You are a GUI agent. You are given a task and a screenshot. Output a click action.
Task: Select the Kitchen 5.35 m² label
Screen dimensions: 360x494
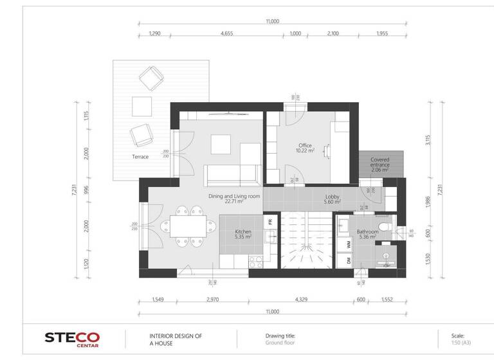click(x=242, y=234)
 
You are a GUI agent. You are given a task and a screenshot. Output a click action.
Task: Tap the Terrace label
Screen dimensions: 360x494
click(x=140, y=157)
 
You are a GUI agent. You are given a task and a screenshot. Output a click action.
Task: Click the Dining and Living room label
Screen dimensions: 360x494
click(x=233, y=198)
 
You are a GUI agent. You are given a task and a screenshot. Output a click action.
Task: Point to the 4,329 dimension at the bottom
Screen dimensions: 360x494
click(x=302, y=300)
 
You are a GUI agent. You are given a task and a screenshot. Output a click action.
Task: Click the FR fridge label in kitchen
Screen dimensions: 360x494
click(x=270, y=221)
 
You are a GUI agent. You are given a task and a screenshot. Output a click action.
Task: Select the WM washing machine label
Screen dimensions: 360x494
click(x=349, y=244)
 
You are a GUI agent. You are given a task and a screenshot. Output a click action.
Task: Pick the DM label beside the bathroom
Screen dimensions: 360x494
click(x=349, y=260)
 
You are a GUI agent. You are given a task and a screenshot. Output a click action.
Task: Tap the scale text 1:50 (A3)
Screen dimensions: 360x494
click(x=462, y=343)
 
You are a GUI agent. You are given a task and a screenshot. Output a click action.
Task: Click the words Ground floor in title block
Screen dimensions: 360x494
click(x=280, y=343)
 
